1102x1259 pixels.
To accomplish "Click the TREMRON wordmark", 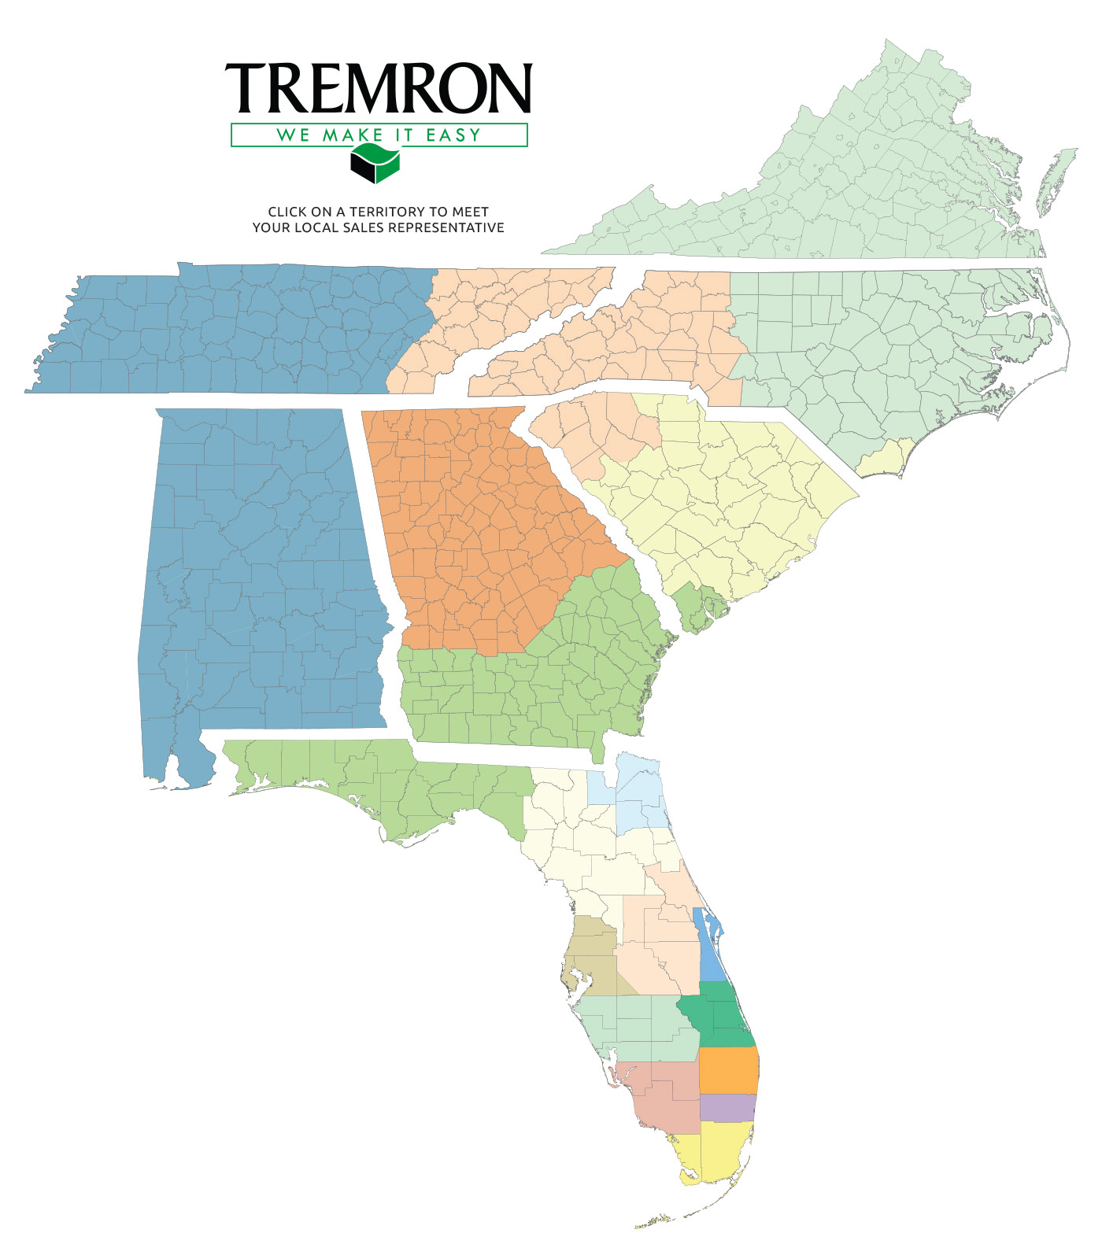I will (379, 87).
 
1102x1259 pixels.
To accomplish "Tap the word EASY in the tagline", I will (453, 135).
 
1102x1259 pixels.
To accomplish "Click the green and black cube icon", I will (375, 164).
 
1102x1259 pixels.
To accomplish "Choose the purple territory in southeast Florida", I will (727, 1107).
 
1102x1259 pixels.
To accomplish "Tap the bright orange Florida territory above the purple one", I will (728, 1070).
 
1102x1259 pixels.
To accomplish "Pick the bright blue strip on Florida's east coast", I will (709, 948).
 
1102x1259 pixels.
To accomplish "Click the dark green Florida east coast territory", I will (720, 1015).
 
